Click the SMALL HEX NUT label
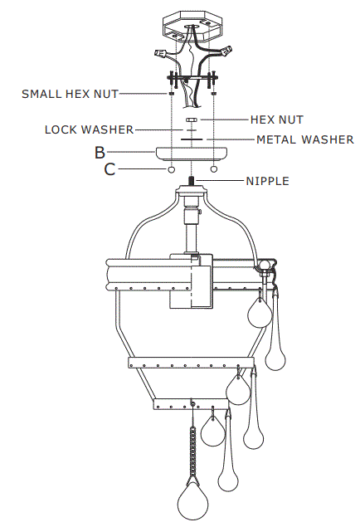70,94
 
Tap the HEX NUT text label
277,120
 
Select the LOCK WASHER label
89,129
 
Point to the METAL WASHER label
305,139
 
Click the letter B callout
100,152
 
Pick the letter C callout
109,169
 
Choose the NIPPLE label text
267,181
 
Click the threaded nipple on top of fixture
192,182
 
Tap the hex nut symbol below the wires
192,120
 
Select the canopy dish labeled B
192,155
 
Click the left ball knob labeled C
171,169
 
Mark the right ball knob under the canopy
214,169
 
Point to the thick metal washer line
192,139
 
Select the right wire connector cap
226,51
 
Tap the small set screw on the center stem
200,211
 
